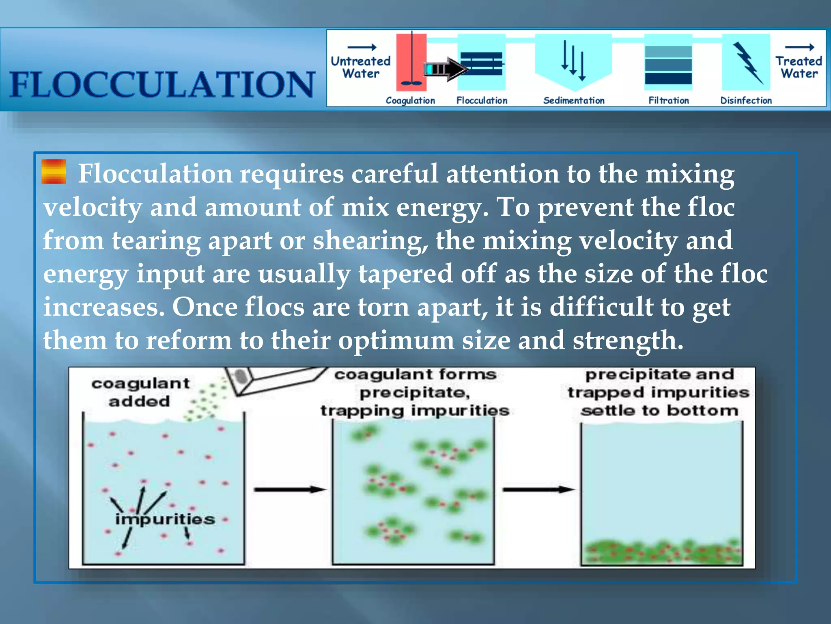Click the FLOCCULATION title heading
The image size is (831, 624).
point(162,84)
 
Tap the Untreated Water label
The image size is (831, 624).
point(360,67)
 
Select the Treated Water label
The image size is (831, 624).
point(799,67)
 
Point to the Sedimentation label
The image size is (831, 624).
point(574,100)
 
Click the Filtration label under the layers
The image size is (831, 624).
point(668,100)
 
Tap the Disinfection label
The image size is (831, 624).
point(746,100)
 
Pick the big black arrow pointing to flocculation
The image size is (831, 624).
point(446,69)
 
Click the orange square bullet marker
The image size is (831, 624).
point(54,171)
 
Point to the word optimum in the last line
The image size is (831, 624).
point(396,340)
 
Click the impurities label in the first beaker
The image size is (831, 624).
point(165,519)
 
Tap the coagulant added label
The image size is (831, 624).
point(140,392)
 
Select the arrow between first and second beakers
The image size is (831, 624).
point(290,490)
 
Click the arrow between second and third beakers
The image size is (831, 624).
point(538,490)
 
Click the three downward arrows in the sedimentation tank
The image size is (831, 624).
point(573,61)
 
